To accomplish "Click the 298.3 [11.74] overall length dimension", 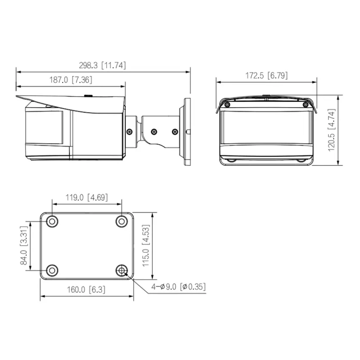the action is click(102, 65).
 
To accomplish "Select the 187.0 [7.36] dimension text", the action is click(71, 80).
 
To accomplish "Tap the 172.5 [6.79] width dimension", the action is click(266, 76).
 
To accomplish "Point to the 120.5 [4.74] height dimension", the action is click(332, 130).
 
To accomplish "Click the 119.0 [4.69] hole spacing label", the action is click(87, 197).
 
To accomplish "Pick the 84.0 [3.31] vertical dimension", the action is click(24, 246).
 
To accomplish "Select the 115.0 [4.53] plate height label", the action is click(146, 246).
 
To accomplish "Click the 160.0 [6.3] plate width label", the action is click(86, 290).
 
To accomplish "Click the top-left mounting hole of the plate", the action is click(52, 222).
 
